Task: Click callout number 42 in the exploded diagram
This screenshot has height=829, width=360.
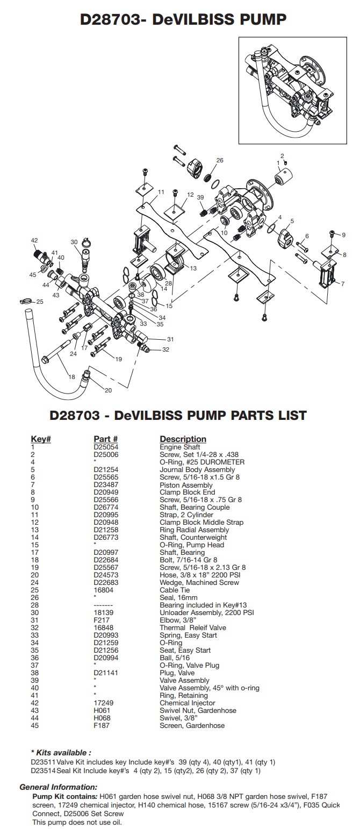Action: (x=34, y=240)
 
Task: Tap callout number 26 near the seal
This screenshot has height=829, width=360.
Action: (x=219, y=160)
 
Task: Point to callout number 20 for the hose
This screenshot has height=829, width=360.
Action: (x=107, y=390)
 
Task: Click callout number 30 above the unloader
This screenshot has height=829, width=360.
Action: (x=74, y=242)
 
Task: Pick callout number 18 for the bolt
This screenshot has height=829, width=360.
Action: (x=72, y=377)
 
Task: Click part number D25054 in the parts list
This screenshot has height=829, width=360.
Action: (x=105, y=447)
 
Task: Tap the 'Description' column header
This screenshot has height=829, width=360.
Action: (x=183, y=439)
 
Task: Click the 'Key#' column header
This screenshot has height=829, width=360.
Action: (x=41, y=439)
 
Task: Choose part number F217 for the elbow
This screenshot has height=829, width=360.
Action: (x=100, y=620)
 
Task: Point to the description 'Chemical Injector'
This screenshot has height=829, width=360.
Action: (x=187, y=703)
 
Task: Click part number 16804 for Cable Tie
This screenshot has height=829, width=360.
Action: (x=103, y=590)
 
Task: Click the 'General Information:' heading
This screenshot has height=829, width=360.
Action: (x=58, y=787)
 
